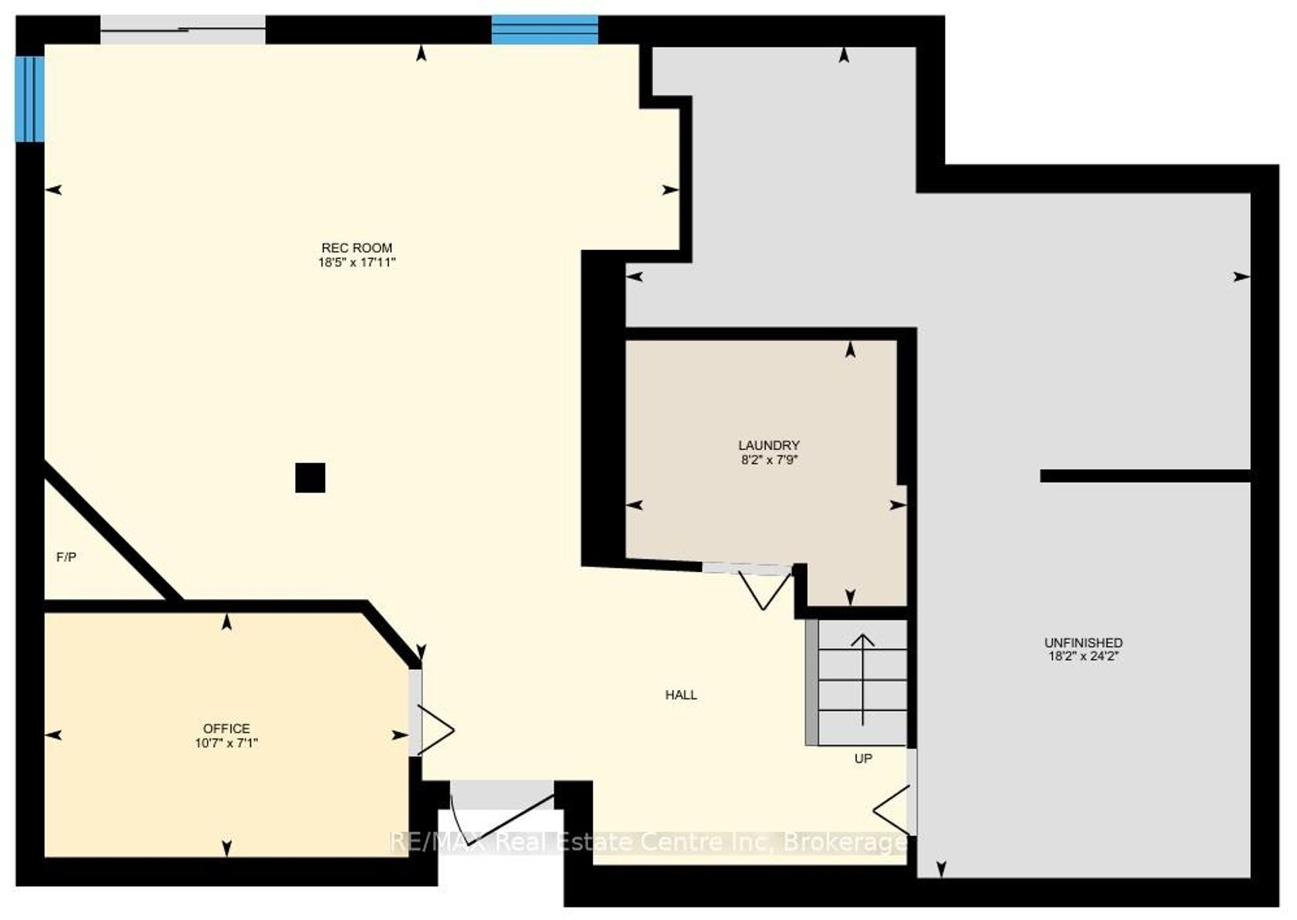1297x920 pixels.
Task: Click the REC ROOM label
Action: [x=357, y=248]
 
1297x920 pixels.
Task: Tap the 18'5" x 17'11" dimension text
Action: [x=357, y=262]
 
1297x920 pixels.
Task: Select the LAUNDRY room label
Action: [x=768, y=445]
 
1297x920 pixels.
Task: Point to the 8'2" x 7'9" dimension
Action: [x=770, y=460]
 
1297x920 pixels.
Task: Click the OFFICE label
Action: [x=226, y=729]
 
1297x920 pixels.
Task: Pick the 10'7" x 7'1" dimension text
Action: [x=226, y=742]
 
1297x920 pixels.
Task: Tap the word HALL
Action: [x=681, y=695]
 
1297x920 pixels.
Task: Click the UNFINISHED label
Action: [x=1083, y=643]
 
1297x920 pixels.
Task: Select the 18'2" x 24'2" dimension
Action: [x=1083, y=657]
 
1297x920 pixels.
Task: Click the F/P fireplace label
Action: [x=66, y=557]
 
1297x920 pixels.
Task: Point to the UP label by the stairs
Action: [x=863, y=759]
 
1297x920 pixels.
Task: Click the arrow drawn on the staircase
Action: [x=863, y=680]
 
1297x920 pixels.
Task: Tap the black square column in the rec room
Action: [x=310, y=478]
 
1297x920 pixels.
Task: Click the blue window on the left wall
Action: [x=29, y=99]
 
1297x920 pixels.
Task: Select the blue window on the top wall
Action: [x=545, y=30]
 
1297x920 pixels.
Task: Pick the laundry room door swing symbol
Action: [x=764, y=589]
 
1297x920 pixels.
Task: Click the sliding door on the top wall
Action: [x=183, y=30]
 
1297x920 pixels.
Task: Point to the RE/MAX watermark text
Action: [x=649, y=842]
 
